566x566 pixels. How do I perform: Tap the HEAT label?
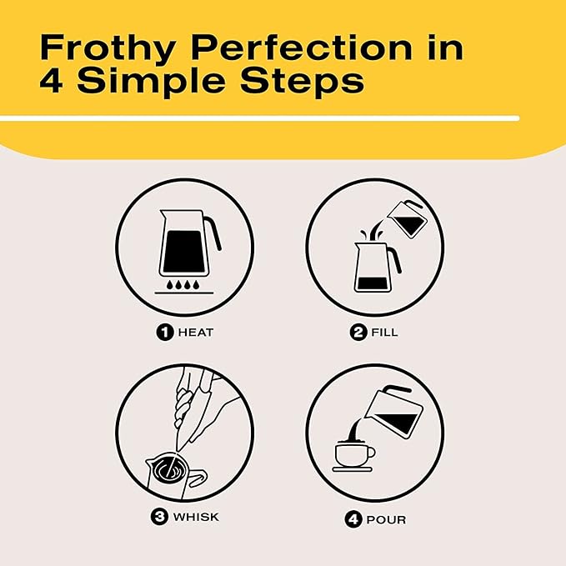coord(195,332)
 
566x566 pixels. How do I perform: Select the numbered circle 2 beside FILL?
coord(358,332)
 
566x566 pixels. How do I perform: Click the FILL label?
coord(385,332)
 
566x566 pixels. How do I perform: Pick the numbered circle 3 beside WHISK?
coord(158,517)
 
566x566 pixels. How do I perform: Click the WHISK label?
coord(196,517)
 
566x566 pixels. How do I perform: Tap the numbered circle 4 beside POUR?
coord(353,520)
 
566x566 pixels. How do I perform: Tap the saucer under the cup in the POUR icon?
coord(353,469)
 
